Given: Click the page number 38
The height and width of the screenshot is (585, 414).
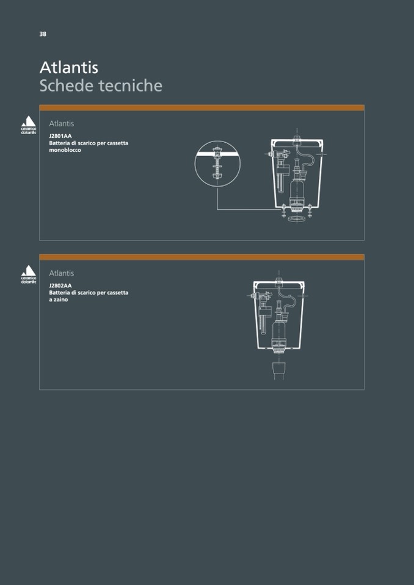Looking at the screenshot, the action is tap(43, 34).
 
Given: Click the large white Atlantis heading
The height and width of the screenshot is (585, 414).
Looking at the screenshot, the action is tap(68, 68).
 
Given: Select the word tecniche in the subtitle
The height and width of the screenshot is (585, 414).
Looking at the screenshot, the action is tap(130, 85).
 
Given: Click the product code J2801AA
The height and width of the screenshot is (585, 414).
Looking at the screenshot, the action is tap(60, 136).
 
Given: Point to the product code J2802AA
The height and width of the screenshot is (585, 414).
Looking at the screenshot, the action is tap(60, 285).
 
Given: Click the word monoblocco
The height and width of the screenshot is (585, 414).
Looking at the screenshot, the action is tap(65, 150).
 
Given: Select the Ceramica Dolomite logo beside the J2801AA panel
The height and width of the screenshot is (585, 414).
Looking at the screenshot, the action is tap(28, 126).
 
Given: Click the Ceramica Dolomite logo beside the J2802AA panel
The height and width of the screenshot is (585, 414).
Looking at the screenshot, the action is tap(28, 275).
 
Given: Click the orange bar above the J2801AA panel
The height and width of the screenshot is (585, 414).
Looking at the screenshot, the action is tap(202, 108).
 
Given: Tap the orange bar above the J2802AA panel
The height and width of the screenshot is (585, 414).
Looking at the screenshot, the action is tap(202, 257).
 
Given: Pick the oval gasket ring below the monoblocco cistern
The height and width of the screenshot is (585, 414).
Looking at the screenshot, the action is tap(297, 218).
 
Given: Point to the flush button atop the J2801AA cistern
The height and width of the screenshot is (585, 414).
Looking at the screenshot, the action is tap(297, 139).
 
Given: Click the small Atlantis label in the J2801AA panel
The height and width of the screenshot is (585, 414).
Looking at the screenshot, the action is tap(62, 123).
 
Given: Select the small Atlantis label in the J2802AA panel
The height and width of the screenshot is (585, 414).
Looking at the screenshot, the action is tap(62, 273).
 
